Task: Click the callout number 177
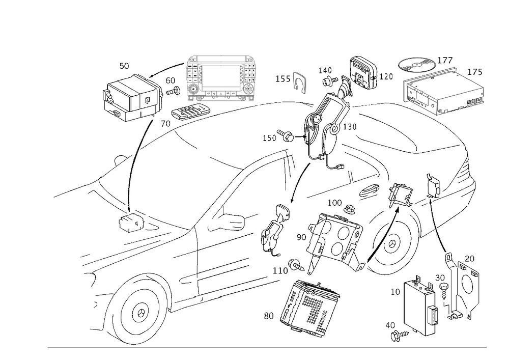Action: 445,61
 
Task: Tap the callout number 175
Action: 474,72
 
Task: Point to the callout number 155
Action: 283,79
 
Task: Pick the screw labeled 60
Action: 175,91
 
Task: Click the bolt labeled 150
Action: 286,136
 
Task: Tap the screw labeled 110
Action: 297,265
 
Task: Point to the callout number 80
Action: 269,316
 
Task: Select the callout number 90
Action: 301,237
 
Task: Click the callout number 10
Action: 395,292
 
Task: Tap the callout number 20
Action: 469,258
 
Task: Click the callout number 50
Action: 124,66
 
